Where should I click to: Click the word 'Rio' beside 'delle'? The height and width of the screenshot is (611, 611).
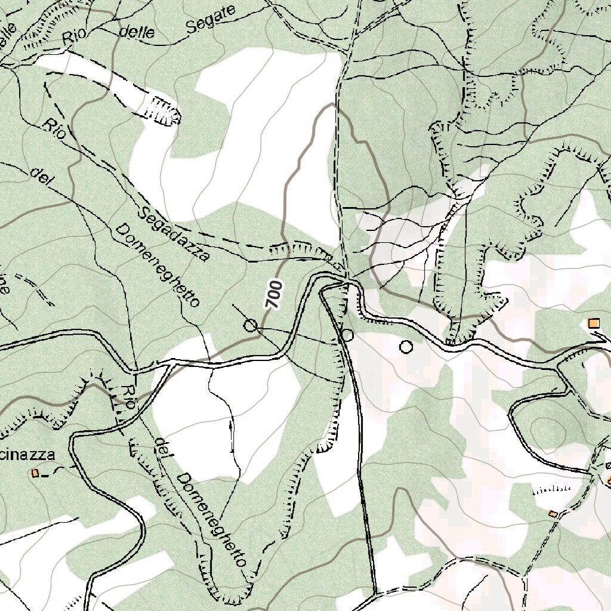coord(75,37)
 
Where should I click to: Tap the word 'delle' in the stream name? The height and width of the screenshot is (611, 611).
coord(137,32)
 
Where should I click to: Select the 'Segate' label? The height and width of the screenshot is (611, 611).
coord(210,19)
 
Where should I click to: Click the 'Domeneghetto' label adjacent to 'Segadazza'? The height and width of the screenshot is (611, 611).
coord(156,266)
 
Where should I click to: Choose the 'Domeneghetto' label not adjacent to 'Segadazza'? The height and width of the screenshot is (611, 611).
coord(212,519)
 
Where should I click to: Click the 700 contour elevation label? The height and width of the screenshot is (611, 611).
coord(273,294)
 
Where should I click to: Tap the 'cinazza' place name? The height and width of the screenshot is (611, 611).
coord(27,455)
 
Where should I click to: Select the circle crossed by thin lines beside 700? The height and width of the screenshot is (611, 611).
coord(251,325)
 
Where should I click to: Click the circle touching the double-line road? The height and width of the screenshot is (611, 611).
coord(347,335)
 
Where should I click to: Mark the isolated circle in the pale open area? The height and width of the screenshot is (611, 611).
coord(406,346)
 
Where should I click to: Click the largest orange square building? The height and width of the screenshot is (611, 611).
coord(593,323)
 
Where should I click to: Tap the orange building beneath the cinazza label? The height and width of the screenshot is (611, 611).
coord(35,473)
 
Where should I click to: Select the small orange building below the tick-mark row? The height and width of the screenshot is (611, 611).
coord(553,514)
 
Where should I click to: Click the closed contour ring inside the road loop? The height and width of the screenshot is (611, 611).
coord(547,429)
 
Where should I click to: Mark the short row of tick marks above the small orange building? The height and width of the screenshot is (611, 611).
coord(550,489)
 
